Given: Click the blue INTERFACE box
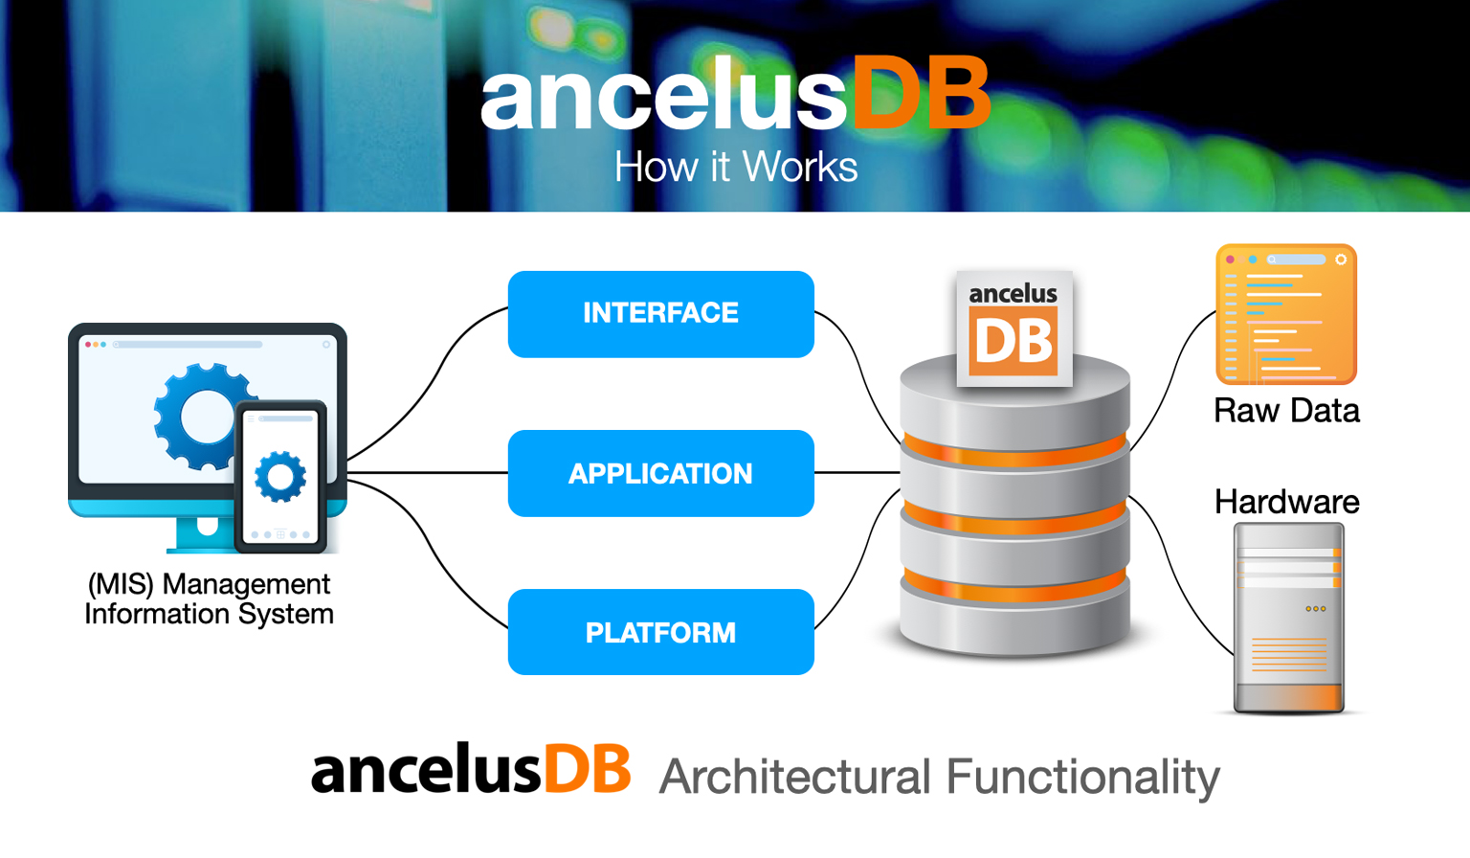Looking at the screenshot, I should (x=660, y=314).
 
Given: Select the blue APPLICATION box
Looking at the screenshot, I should (x=660, y=473).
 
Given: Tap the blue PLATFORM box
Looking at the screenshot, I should (x=660, y=632).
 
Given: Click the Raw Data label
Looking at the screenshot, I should (x=1286, y=411).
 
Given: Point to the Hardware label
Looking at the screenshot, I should (x=1286, y=502).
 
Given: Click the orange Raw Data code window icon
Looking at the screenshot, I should (x=1286, y=314).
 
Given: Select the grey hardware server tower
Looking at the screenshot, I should (x=1288, y=618).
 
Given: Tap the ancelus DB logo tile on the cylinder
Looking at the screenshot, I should (x=1013, y=328).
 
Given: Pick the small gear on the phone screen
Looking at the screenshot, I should (x=280, y=476).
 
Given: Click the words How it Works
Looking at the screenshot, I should (x=735, y=168).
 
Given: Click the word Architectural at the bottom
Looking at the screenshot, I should (x=794, y=777).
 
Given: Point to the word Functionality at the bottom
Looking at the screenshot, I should (x=1082, y=777).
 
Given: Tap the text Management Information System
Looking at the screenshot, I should (x=209, y=598).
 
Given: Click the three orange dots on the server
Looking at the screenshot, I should (x=1316, y=609).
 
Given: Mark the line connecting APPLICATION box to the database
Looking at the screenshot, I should (x=857, y=472).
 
